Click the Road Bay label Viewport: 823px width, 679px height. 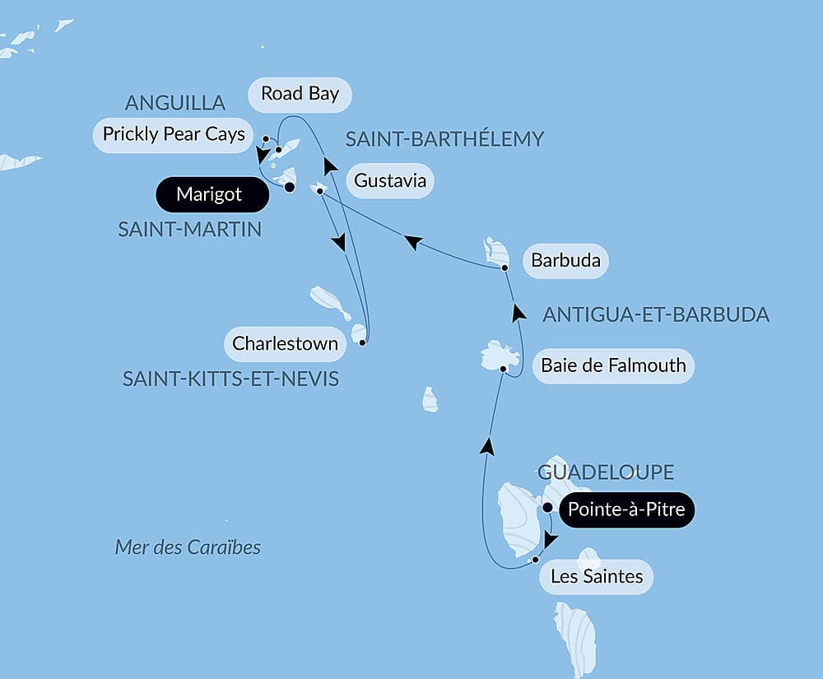click(x=300, y=94)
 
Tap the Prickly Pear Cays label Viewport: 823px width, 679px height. click(x=174, y=134)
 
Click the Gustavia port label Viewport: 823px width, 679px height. click(x=390, y=180)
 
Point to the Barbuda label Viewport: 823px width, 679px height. click(x=565, y=263)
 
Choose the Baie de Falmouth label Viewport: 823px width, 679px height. click(x=613, y=365)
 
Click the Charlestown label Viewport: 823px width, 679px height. click(x=285, y=343)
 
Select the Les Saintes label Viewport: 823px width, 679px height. click(x=597, y=576)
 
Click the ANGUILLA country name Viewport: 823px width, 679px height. click(x=174, y=103)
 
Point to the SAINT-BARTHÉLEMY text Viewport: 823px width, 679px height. click(x=444, y=139)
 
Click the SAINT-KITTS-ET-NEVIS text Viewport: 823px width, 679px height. click(x=230, y=379)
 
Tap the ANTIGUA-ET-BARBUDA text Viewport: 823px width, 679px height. click(x=656, y=314)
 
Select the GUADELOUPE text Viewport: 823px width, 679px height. click(x=606, y=472)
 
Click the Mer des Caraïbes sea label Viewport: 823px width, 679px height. click(x=188, y=547)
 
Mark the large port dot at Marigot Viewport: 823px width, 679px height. click(x=290, y=187)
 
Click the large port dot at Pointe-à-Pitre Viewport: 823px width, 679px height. click(x=547, y=508)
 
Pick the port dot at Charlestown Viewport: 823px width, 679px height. click(x=362, y=341)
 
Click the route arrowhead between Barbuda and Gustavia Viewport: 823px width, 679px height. click(x=412, y=240)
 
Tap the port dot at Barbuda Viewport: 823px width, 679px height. click(x=504, y=267)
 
